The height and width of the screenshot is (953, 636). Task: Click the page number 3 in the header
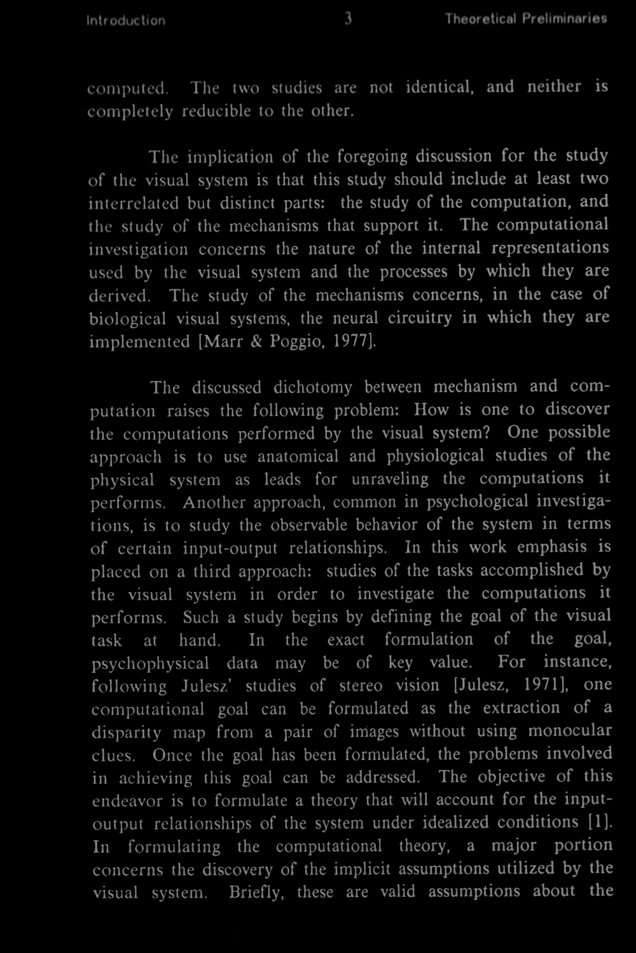point(348,19)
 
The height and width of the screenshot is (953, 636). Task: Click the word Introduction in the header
point(126,20)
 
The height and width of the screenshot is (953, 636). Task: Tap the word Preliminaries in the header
point(564,19)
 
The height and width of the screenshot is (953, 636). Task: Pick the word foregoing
point(373,157)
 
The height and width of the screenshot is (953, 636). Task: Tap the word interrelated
point(134,203)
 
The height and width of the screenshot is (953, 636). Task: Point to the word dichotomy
point(313,388)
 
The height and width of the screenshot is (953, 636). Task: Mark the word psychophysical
point(150,663)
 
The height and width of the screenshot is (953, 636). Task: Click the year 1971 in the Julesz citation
point(541,686)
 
